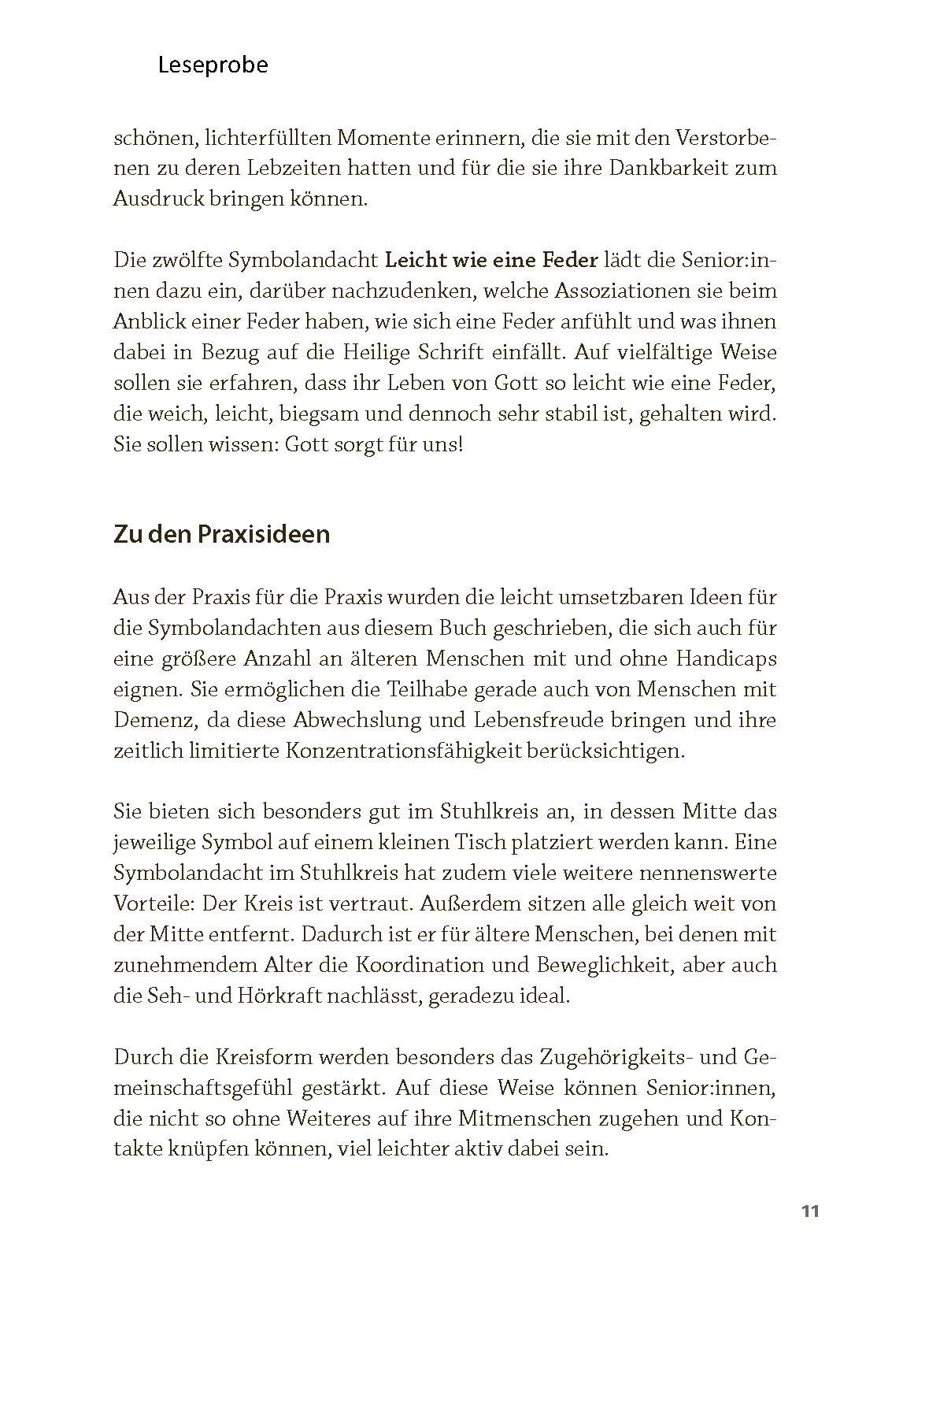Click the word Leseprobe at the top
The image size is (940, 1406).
[213, 65]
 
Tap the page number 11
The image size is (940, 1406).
[810, 1211]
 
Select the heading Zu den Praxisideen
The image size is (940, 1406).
[221, 535]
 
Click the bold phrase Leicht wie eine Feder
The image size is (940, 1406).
[491, 260]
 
